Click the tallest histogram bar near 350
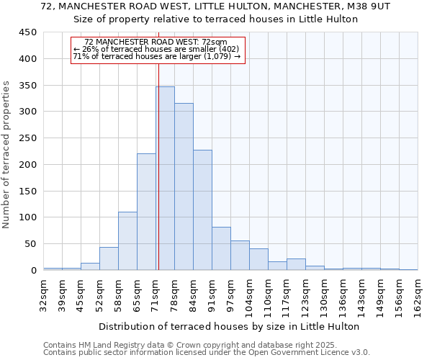click(x=165, y=179)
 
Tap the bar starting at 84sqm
click(x=202, y=210)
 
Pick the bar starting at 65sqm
click(x=146, y=212)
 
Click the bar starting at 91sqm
click(x=221, y=249)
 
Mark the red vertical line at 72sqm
click(x=158, y=166)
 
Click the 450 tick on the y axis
click(x=29, y=32)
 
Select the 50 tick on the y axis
click(x=31, y=244)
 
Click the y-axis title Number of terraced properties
click(x=6, y=155)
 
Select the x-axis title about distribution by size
click(x=229, y=326)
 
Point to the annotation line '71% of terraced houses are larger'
click(x=157, y=56)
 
